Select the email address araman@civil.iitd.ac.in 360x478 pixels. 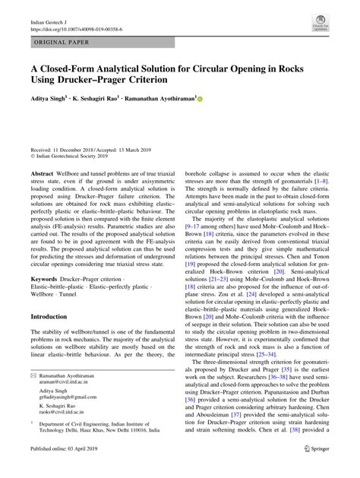[66, 384]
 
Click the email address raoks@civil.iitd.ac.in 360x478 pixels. [65, 423]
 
